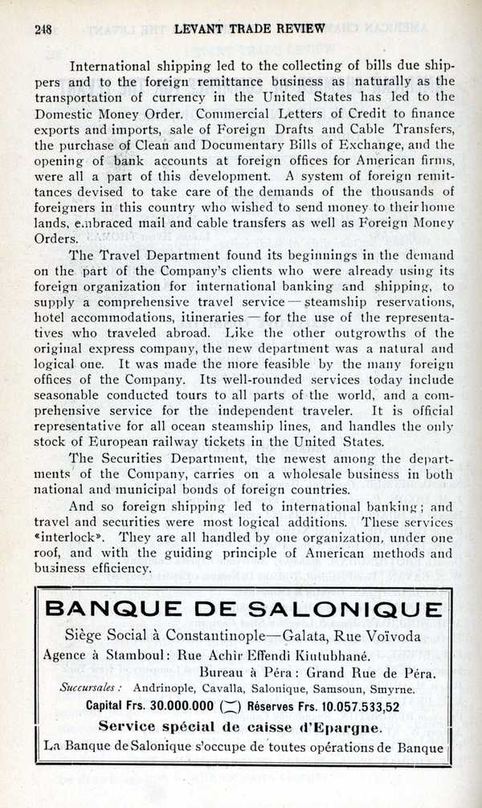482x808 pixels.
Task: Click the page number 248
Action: pos(43,28)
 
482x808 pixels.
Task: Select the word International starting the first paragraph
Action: pos(115,64)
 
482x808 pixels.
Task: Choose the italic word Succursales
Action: pos(90,689)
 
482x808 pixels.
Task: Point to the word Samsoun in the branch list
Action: pos(330,689)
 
